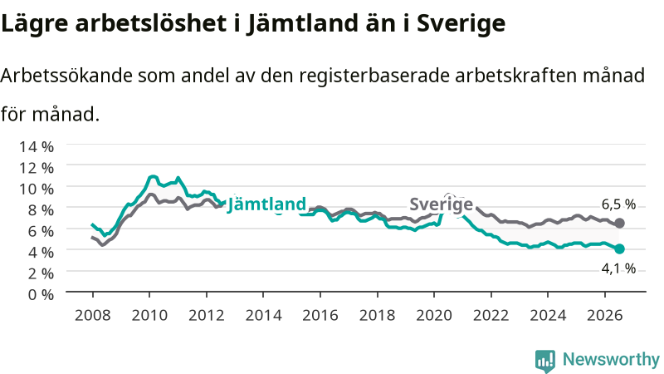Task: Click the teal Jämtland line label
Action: pos(266,204)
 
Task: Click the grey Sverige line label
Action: pos(441,204)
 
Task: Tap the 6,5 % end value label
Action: pos(618,204)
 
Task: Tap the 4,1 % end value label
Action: pos(618,268)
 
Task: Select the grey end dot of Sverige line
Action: pos(619,223)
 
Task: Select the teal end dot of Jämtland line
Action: pos(619,249)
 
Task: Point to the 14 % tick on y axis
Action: pos(37,147)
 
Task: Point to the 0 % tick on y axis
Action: pos(41,294)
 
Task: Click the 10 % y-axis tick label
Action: pos(37,189)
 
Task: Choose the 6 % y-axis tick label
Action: pos(41,231)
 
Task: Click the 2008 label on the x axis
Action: pos(92,315)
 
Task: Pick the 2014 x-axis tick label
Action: pos(263,315)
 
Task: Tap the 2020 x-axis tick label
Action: pos(434,315)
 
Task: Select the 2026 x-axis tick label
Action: pos(605,315)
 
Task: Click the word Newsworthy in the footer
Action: pos(611,359)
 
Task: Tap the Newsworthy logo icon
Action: pos(545,361)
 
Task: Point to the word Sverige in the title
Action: pos(461,24)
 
